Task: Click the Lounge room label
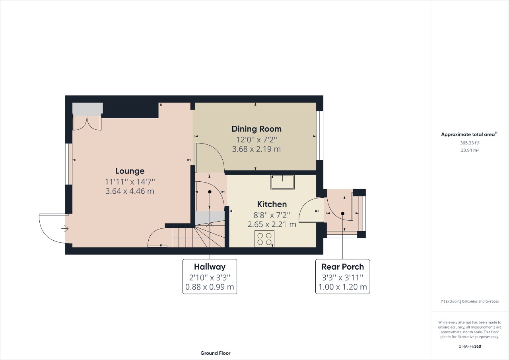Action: click(x=130, y=171)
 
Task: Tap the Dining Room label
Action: click(x=256, y=129)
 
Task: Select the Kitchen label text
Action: click(x=272, y=204)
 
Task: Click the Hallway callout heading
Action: click(x=210, y=267)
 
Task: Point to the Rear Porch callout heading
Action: click(x=342, y=267)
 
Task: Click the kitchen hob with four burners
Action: click(x=264, y=239)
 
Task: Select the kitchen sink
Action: click(x=283, y=182)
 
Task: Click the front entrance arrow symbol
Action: click(x=65, y=228)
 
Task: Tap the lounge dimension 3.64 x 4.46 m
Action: click(x=130, y=191)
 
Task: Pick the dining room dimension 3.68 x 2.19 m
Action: click(x=256, y=149)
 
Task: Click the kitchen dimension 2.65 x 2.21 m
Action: click(x=272, y=224)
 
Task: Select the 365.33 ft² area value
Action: click(x=470, y=143)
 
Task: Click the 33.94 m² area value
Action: click(x=470, y=150)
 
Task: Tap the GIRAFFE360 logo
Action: click(x=470, y=346)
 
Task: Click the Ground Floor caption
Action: click(x=215, y=353)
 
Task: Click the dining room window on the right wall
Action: click(x=320, y=135)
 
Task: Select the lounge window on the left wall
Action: click(x=69, y=164)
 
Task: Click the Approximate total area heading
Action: click(x=470, y=134)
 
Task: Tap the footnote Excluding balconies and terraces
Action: click(x=470, y=302)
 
